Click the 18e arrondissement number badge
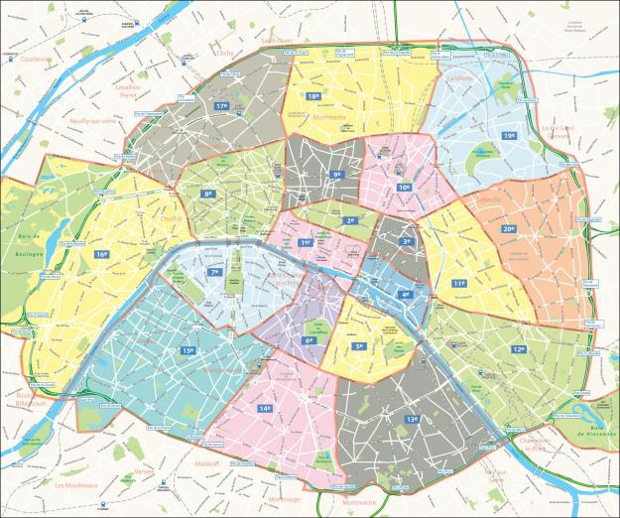(313, 96)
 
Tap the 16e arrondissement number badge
(102, 254)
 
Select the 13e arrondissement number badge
(411, 419)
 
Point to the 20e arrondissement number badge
(508, 229)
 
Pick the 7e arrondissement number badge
(214, 272)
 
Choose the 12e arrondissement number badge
(519, 349)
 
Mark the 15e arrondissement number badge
(187, 350)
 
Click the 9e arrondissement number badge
(337, 175)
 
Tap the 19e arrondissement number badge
(509, 136)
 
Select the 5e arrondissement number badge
(360, 346)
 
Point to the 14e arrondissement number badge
(265, 408)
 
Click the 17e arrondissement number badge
(222, 106)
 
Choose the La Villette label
(461, 77)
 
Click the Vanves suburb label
(145, 470)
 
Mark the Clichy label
(224, 54)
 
